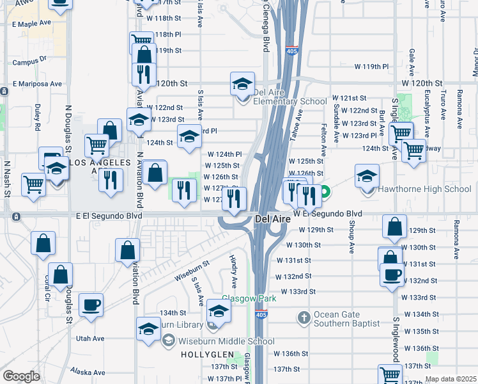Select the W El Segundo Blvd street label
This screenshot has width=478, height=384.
[x=328, y=213]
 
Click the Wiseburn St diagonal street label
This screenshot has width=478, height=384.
[x=191, y=271]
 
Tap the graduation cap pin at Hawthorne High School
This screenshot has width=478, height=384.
[x=367, y=177]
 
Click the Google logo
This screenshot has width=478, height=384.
[x=21, y=376]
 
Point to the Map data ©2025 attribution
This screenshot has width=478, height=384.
[x=450, y=379]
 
